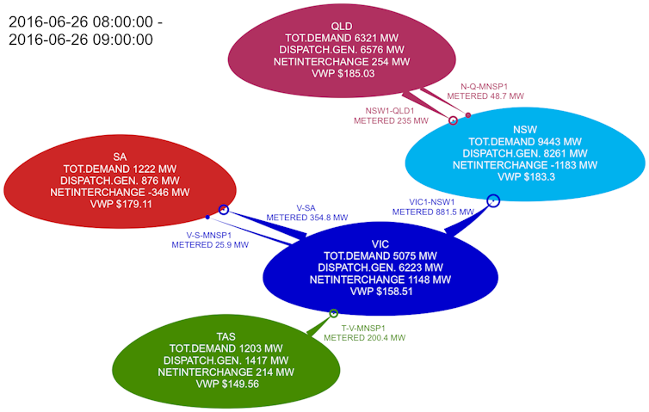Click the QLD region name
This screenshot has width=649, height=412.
click(342, 27)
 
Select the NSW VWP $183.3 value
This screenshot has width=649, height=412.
click(525, 177)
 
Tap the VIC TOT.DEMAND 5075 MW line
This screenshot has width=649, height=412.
click(380, 256)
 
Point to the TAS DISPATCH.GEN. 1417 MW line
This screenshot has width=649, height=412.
click(226, 360)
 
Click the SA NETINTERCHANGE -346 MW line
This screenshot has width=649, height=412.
click(120, 193)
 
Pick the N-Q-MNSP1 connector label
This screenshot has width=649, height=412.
click(484, 87)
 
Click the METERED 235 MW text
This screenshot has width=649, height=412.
click(391, 120)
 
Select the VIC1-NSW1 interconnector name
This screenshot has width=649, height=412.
click(432, 202)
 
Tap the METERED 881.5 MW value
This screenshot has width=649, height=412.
click(433, 212)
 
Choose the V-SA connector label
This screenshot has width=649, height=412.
click(306, 208)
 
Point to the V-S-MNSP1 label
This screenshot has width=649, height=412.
click(209, 236)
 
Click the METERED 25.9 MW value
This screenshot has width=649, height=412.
click(210, 245)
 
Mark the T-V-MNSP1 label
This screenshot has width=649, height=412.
click(363, 328)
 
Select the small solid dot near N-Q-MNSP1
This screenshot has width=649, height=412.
click(468, 115)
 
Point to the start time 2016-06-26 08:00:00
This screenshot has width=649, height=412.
click(81, 22)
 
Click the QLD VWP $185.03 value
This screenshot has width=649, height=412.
click(343, 74)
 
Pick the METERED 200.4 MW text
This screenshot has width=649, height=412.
click(364, 338)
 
